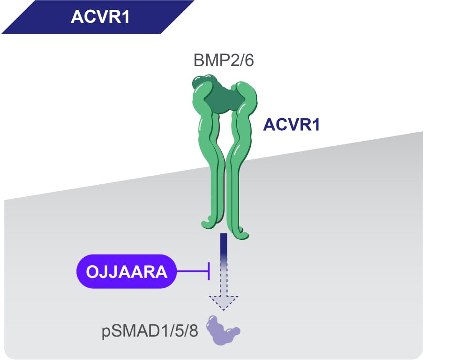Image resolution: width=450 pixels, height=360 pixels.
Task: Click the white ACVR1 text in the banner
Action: pos(100,17)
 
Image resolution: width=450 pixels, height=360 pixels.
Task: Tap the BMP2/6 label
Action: pos(224,60)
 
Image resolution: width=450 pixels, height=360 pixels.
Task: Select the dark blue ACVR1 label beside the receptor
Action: pos(291,125)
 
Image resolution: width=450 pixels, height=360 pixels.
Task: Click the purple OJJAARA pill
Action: pos(126,271)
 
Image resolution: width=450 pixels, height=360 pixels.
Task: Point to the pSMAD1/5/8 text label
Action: pos(150,331)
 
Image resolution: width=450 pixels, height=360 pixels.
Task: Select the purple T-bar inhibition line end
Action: pos(209,271)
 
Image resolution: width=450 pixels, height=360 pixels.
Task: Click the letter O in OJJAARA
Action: pos(92,271)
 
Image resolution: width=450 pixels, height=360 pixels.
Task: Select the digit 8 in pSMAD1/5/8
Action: pos(194,330)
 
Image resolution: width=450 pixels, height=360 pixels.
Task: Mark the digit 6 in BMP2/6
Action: pos(249,60)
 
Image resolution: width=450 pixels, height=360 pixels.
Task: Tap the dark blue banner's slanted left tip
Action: pos(2,33)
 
